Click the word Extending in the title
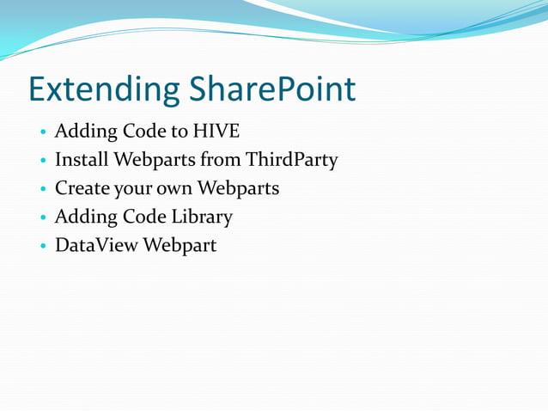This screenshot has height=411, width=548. coord(105,90)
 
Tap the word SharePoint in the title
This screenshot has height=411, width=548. coord(273,90)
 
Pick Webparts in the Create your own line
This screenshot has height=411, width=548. coord(238,188)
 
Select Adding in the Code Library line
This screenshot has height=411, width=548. coord(82,217)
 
